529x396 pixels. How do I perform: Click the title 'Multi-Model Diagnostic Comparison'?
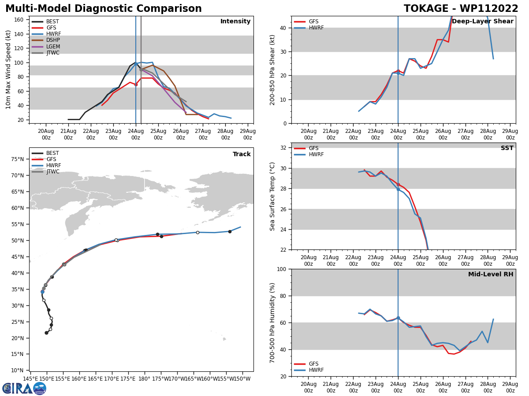pyautogui.click(x=103, y=9)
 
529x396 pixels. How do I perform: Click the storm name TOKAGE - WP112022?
pyautogui.click(x=461, y=9)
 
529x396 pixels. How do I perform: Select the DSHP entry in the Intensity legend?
pyautogui.click(x=53, y=40)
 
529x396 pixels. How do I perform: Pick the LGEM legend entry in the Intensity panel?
pyautogui.click(x=53, y=47)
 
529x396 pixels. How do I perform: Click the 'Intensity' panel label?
pyautogui.click(x=235, y=22)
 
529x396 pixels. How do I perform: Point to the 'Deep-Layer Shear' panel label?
pyautogui.click(x=482, y=22)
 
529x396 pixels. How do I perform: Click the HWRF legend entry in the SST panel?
pyautogui.click(x=316, y=154)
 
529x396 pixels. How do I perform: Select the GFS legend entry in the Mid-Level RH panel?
pyautogui.click(x=313, y=364)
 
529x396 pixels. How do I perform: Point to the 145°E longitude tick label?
pyautogui.click(x=30, y=379)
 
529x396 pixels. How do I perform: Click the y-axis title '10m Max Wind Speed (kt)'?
pyautogui.click(x=8, y=70)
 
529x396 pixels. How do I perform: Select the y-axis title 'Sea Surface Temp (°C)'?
pyautogui.click(x=272, y=196)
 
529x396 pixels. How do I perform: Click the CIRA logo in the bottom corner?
pyautogui.click(x=24, y=389)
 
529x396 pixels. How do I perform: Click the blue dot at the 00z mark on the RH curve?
pyautogui.click(x=398, y=318)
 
